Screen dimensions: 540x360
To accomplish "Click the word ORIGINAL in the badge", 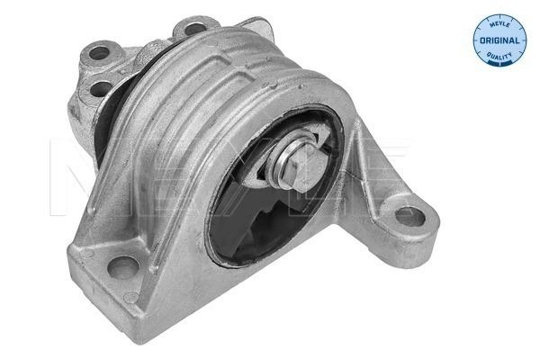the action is point(499,40).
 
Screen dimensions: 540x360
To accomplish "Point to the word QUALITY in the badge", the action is point(499,55).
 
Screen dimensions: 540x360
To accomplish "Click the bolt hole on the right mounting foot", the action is point(409,217).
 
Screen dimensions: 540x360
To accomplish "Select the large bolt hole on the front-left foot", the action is point(123,267).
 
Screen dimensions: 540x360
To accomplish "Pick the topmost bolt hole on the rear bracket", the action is point(195,28).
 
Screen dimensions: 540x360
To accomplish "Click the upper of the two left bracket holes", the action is point(99,53).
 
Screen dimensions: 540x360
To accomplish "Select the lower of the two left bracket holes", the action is point(101,88).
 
